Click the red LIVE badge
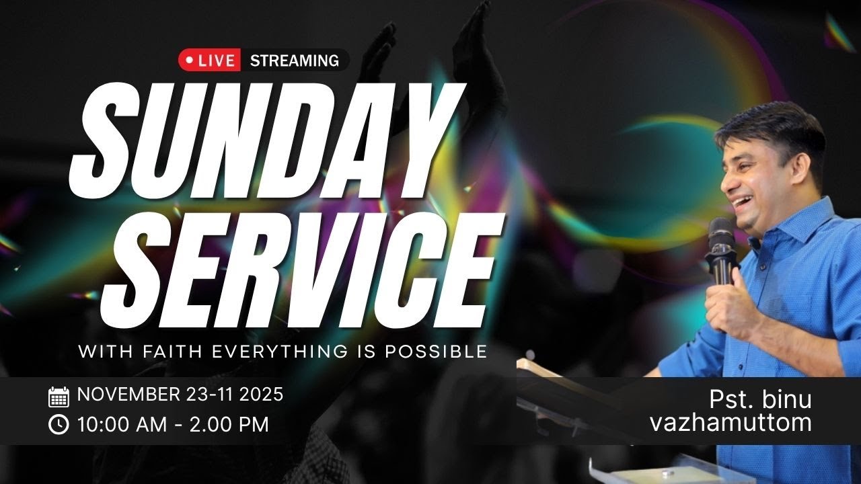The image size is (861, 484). (209, 61)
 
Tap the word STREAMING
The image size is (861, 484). (294, 61)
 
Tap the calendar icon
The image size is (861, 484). (59, 397)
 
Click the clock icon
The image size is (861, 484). (59, 425)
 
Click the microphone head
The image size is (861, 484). (720, 232)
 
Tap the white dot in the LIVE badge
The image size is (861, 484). (189, 61)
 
